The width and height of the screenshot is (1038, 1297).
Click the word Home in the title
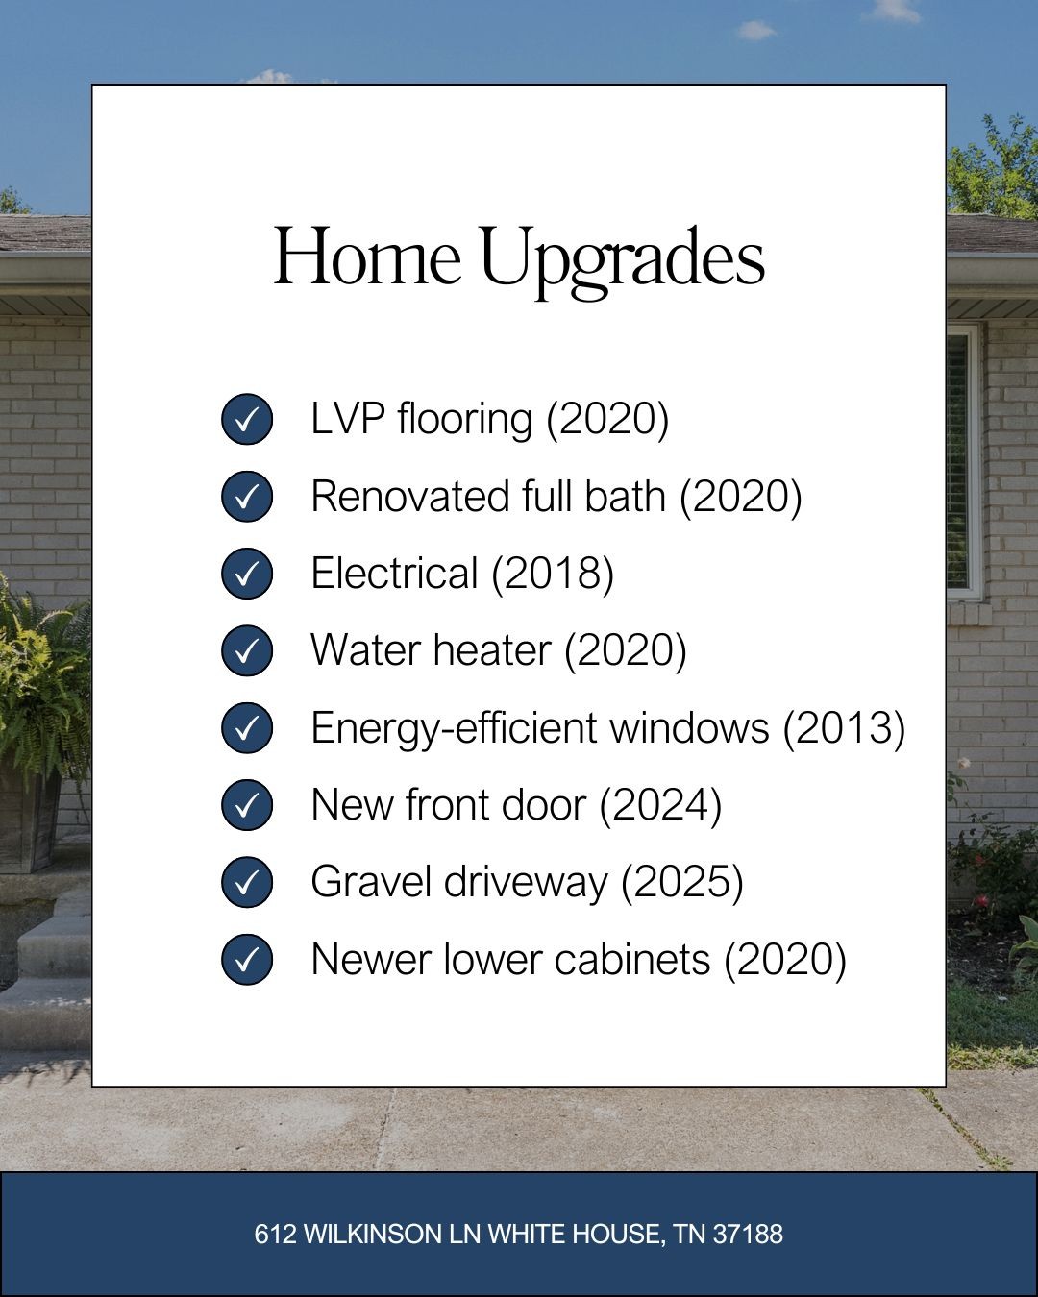pos(367,256)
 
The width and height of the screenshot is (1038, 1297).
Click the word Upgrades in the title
pos(624,261)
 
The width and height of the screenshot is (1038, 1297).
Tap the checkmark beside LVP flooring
pos(247,420)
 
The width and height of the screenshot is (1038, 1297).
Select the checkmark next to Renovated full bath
pos(247,497)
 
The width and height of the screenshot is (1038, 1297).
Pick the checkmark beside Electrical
pos(247,574)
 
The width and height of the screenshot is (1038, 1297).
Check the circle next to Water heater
pos(247,651)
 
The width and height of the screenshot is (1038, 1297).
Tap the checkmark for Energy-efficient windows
pos(247,728)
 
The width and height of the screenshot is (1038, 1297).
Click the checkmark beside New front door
pos(247,805)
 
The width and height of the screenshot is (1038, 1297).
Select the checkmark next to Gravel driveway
pos(247,882)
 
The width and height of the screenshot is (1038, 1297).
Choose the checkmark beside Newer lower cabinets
pos(247,960)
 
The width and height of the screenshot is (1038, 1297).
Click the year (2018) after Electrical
pos(553,574)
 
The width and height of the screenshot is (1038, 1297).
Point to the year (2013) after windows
pos(845,728)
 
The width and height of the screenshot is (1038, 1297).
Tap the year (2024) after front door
pos(660,806)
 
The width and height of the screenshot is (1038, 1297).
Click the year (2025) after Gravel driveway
pos(682,883)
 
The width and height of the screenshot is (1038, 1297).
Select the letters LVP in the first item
pos(348,418)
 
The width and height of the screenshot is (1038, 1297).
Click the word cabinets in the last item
pos(632,960)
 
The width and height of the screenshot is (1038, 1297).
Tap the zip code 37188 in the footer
pos(748,1235)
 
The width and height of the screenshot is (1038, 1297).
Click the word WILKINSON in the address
pos(373,1235)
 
